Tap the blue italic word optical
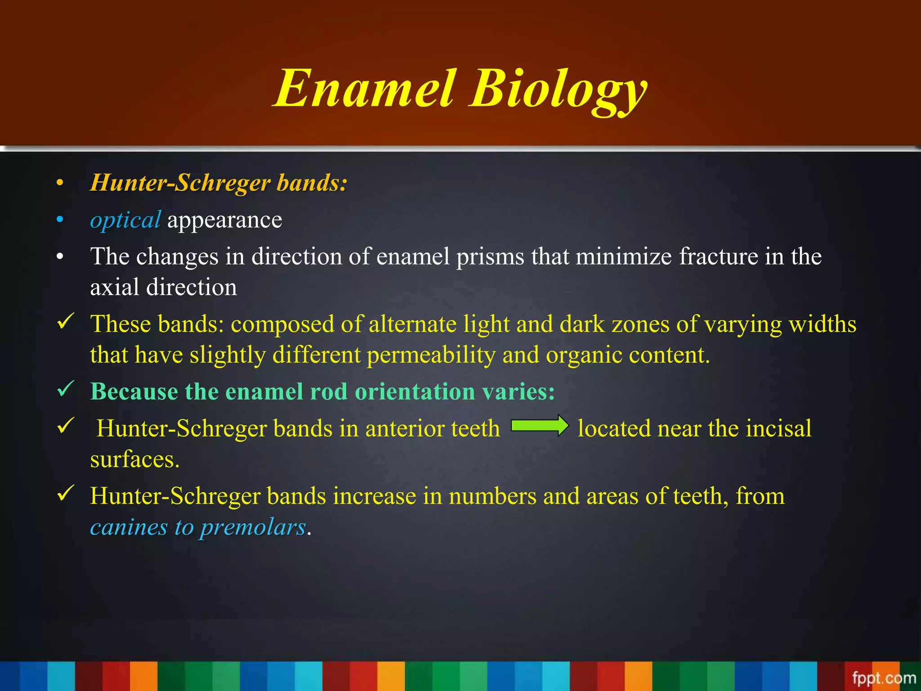click(125, 220)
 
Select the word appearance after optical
click(224, 221)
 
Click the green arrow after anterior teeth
click(539, 426)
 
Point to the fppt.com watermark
click(884, 678)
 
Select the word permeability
click(431, 355)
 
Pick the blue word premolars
click(253, 527)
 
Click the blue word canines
click(129, 527)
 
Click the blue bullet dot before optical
click(60, 220)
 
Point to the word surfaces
click(134, 460)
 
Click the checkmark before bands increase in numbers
click(66, 494)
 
